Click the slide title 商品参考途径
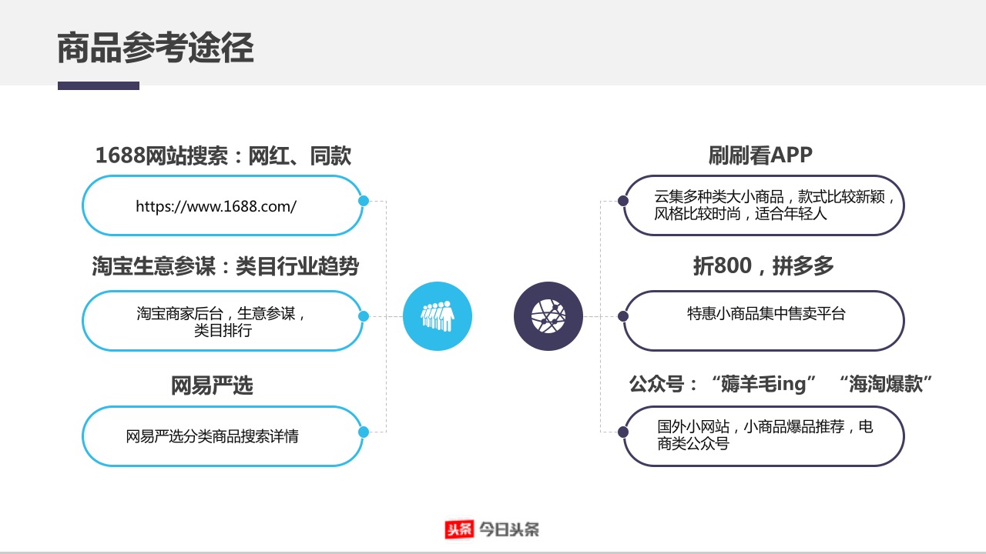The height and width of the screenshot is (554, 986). (156, 48)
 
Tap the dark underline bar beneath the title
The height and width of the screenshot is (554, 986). (99, 85)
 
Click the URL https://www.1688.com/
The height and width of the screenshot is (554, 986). (216, 206)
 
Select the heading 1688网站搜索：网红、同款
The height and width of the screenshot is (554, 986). (223, 155)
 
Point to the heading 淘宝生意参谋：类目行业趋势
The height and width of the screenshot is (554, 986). (226, 266)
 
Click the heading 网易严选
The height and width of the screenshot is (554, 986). (212, 385)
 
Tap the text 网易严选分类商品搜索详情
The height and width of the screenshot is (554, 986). (212, 436)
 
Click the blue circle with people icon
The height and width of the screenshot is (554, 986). (438, 316)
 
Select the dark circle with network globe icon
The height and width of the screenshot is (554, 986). (548, 316)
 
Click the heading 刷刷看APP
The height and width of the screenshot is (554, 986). (760, 155)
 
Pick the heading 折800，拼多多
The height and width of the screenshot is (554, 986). (763, 265)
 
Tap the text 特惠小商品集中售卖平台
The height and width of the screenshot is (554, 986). (766, 313)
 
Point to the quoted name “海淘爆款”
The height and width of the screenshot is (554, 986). (885, 384)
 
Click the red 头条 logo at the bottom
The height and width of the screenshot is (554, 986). (459, 529)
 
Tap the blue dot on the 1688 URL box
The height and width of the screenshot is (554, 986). (364, 201)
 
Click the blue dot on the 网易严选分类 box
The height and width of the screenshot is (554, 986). (364, 432)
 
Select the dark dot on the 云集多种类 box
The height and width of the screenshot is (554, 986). (623, 201)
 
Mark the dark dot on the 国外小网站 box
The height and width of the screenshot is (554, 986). (623, 432)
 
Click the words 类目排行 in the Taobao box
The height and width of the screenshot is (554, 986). (223, 330)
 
